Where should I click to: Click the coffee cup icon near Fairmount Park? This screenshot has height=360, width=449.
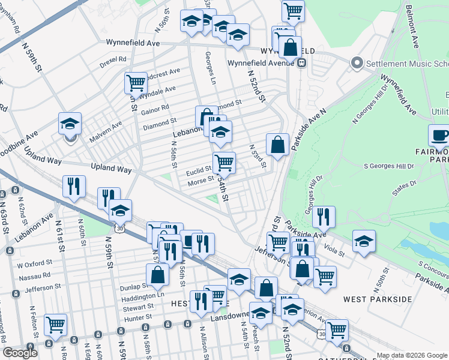point(440,136)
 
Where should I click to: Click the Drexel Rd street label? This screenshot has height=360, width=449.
point(113,59)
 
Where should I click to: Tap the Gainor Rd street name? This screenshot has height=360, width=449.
point(155,107)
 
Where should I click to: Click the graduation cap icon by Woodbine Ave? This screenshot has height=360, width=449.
point(70,124)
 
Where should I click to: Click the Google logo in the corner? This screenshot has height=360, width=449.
point(20,353)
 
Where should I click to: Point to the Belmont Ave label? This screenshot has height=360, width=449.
point(413,26)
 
